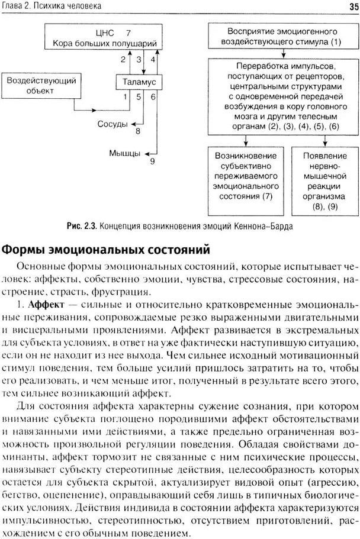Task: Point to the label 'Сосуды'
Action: click(113, 124)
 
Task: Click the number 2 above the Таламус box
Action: click(123, 59)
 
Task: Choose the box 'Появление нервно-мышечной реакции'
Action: click(324, 180)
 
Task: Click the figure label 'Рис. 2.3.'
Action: click(82, 226)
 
